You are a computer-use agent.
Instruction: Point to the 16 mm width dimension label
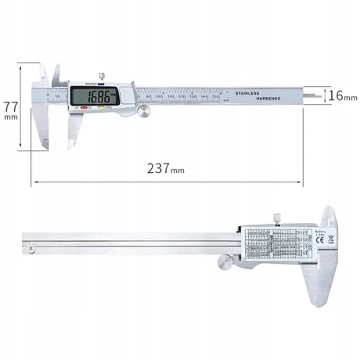coord(337,96)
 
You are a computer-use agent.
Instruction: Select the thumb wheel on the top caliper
coord(145,114)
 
